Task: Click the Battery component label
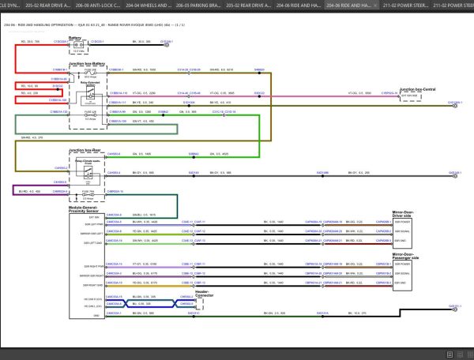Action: pos(75,36)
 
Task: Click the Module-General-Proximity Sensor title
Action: pos(86,211)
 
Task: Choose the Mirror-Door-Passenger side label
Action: pos(410,255)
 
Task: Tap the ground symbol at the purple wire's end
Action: pos(13,192)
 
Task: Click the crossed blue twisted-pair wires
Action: pos(154,301)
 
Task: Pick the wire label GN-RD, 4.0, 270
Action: pos(36,137)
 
